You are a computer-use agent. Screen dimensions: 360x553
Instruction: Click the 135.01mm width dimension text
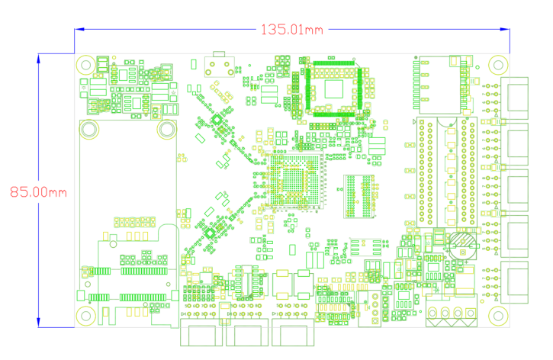click(x=292, y=30)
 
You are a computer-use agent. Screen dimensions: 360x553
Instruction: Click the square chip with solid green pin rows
click(x=334, y=87)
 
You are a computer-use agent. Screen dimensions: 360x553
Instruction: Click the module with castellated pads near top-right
click(x=440, y=82)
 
